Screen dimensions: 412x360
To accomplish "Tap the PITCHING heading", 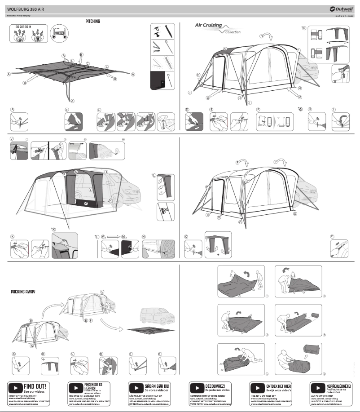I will point(92,21).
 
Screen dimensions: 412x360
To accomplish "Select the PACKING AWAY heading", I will point(23,292).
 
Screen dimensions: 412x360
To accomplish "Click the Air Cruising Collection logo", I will point(217,28).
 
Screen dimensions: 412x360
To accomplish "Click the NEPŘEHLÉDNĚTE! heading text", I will point(339,386).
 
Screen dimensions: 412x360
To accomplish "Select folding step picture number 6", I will point(298,359).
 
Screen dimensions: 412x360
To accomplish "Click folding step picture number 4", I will point(298,320).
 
